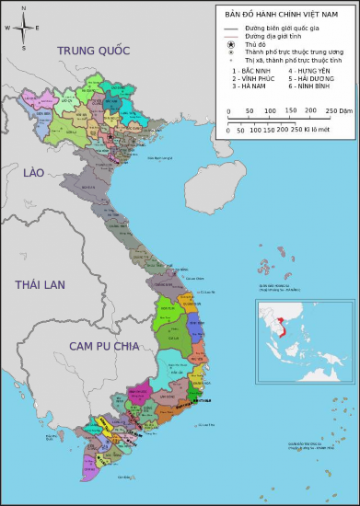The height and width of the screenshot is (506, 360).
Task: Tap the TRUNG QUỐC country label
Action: coord(94,51)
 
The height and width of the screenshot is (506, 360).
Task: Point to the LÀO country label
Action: coord(34,173)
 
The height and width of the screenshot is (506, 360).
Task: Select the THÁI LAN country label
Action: coord(41,285)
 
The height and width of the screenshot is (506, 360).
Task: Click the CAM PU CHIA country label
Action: coord(103,346)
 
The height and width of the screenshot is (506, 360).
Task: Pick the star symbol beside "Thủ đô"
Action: coord(232,44)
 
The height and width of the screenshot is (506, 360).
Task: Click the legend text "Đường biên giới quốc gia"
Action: coord(283,29)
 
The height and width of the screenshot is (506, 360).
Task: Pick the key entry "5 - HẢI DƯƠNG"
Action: coord(308,78)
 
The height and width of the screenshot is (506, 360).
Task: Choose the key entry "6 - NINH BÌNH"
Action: coord(308,86)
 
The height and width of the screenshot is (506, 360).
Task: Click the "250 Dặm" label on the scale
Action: coord(341,110)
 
